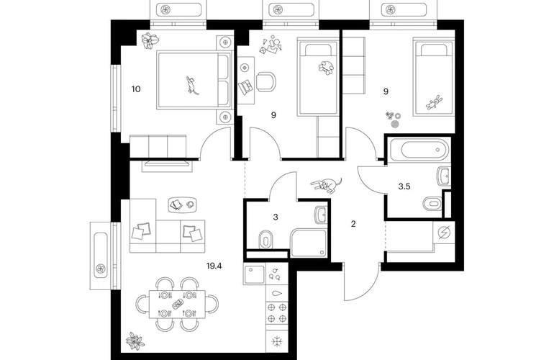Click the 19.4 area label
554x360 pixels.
pyautogui.click(x=214, y=266)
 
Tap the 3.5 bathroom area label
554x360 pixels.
pyautogui.click(x=404, y=186)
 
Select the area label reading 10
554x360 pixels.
pyautogui.click(x=136, y=89)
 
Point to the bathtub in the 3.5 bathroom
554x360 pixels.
pyautogui.click(x=419, y=150)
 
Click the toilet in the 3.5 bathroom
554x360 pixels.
pyautogui.click(x=432, y=203)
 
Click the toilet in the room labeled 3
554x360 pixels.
pyautogui.click(x=265, y=240)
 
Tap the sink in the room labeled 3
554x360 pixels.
pyautogui.click(x=322, y=215)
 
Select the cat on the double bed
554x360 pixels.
pyautogui.click(x=192, y=85)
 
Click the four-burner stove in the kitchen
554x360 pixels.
pyautogui.click(x=277, y=312)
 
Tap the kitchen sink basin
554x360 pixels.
pyautogui.click(x=254, y=274)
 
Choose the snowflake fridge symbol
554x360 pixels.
pyautogui.click(x=277, y=341)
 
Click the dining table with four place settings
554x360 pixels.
pyautogui.click(x=178, y=304)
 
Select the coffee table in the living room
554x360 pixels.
pyautogui.click(x=183, y=204)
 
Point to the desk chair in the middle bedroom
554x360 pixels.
pyautogui.click(x=265, y=82)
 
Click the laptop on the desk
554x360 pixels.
pyautogui.click(x=245, y=86)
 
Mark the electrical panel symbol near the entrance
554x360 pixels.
pyautogui.click(x=444, y=233)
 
